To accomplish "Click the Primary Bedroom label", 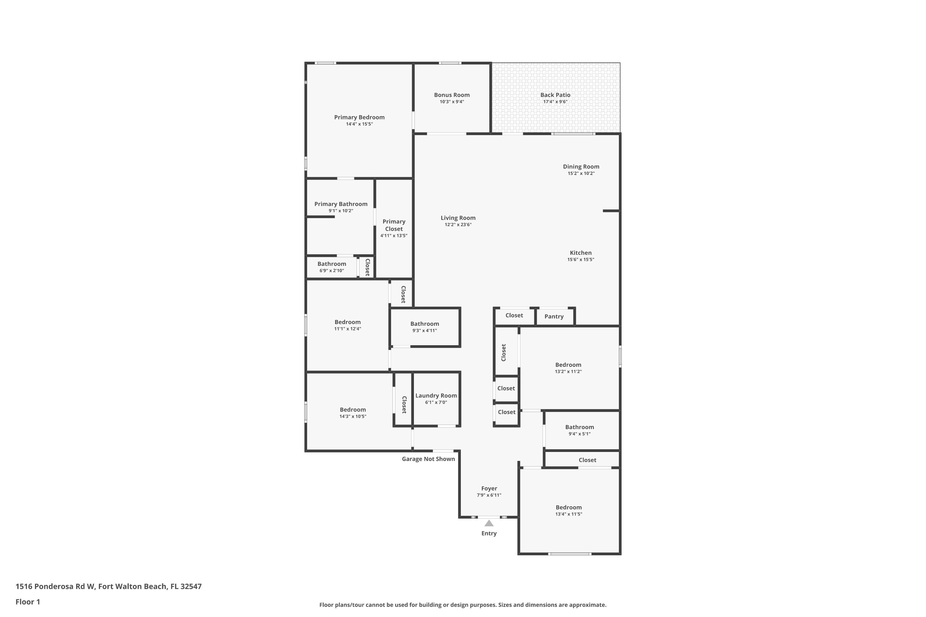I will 359,117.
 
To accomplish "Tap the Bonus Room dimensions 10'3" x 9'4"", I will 452,102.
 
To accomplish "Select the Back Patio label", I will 555,95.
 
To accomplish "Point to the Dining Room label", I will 581,167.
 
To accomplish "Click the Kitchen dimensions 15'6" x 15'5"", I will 580,260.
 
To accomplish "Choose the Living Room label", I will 457,217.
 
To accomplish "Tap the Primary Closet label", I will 394,225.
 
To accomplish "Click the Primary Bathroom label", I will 340,204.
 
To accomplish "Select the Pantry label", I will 553,317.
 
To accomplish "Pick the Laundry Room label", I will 436,395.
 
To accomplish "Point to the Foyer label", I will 489,488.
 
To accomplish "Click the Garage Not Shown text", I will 428,459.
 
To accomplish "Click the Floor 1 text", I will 27,602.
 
